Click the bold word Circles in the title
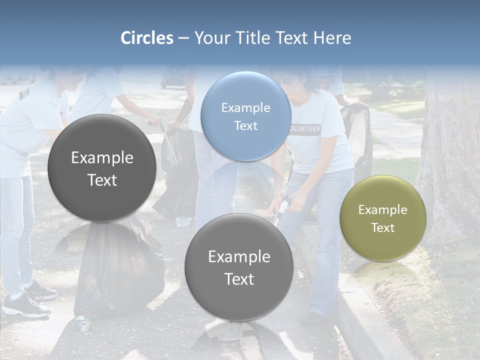146,38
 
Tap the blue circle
245,116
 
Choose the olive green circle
383,218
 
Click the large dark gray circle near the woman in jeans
239,267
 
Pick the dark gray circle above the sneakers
102,168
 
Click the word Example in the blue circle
245,108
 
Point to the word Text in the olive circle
383,228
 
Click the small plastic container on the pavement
183,221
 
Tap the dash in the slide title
183,38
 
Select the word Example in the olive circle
383,210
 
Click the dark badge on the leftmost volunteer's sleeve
24,93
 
